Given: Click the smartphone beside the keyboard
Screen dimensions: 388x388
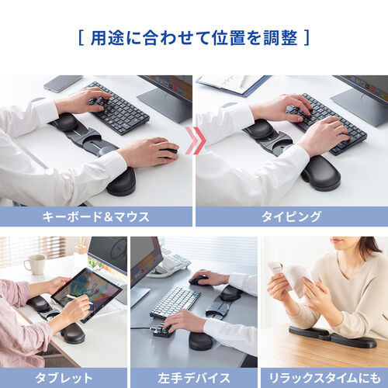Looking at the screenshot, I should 63,83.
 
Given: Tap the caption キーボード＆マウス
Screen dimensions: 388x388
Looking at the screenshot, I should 96,217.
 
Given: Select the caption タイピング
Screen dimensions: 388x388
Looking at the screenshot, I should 291,217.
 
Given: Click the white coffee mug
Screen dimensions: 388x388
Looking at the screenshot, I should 35,265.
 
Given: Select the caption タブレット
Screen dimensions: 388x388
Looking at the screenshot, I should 64,377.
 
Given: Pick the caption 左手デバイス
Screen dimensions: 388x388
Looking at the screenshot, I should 193,377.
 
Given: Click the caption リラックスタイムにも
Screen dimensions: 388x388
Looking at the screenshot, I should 324,377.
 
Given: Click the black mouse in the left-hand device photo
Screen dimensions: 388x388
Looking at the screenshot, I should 200,279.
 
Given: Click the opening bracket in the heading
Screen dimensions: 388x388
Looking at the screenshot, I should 81,36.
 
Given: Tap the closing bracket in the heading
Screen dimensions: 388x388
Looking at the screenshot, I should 306,36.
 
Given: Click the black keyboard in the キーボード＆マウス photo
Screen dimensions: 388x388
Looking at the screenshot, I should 116,106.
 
